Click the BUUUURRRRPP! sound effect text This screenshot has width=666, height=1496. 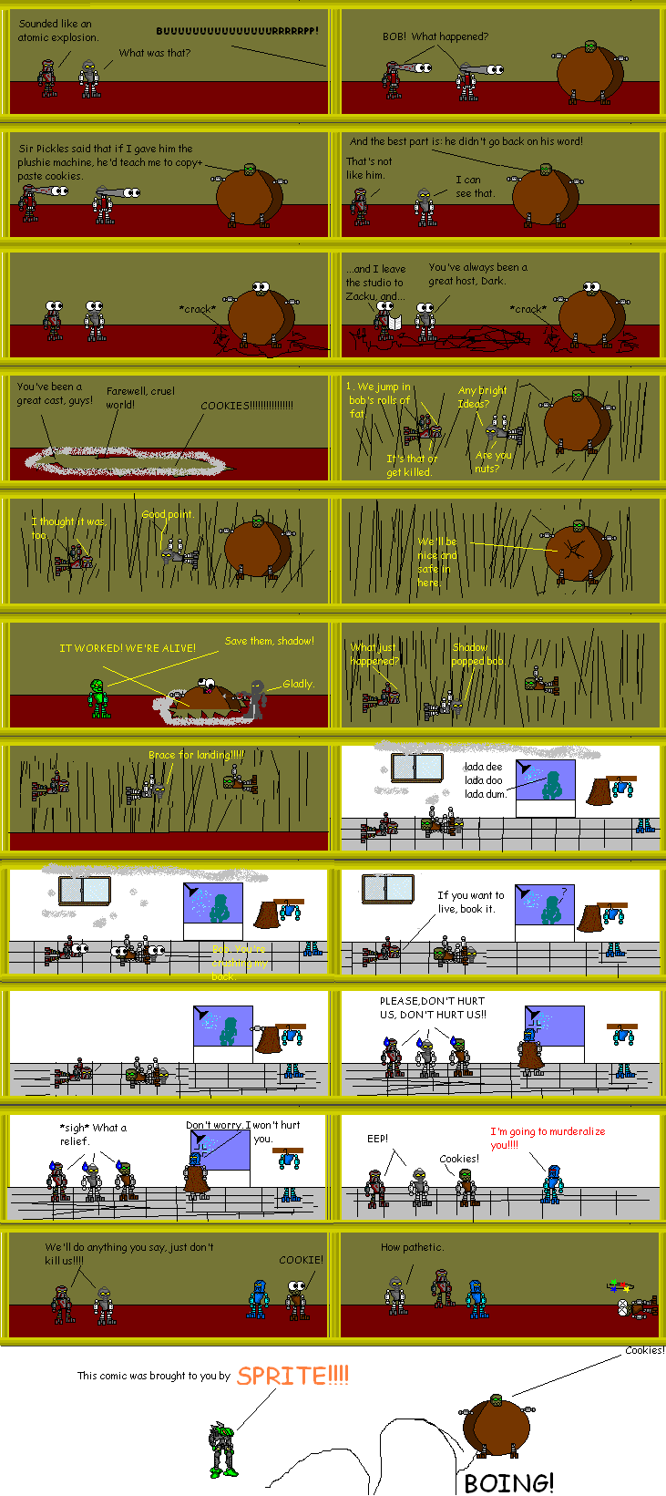point(237,31)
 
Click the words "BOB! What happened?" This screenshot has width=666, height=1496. point(435,36)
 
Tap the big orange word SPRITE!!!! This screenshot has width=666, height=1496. point(292,1375)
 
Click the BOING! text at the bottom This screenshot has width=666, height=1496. point(508,1481)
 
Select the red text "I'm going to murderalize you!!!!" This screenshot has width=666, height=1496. point(547,1137)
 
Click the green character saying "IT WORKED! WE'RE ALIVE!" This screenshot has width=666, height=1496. point(98,697)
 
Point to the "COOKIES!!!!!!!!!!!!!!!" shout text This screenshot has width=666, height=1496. point(247,406)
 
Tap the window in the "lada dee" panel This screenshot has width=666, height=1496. point(416,768)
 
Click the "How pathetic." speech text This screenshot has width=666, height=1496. point(411,1247)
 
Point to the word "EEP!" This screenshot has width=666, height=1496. point(377,1139)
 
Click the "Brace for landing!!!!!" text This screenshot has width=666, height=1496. point(196,755)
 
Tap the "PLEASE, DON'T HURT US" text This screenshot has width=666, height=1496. point(433,1006)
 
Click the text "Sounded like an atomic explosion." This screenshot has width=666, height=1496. point(58,30)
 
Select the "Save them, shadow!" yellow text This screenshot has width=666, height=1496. point(269,641)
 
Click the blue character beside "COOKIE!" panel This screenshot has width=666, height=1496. point(259,1299)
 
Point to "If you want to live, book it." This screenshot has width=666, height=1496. point(470,902)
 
